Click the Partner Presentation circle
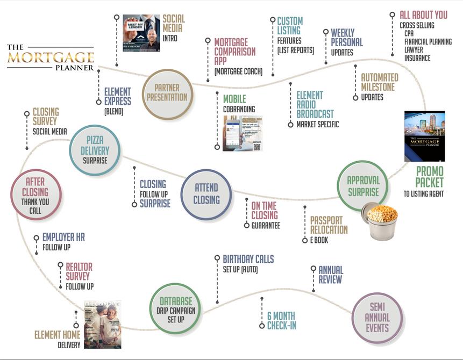(x=170, y=93)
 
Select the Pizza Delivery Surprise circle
(x=95, y=149)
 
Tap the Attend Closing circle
(x=206, y=194)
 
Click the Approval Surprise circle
(x=363, y=186)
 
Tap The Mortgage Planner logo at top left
(x=50, y=57)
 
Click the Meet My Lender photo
(x=141, y=36)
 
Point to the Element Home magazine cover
(x=103, y=324)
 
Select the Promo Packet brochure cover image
(x=424, y=136)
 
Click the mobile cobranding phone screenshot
(x=242, y=133)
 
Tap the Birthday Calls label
(x=248, y=259)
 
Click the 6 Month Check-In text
(x=281, y=320)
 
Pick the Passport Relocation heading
(x=329, y=225)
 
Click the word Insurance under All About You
(x=417, y=58)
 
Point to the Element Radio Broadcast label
(x=315, y=105)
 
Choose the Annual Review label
(x=330, y=275)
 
